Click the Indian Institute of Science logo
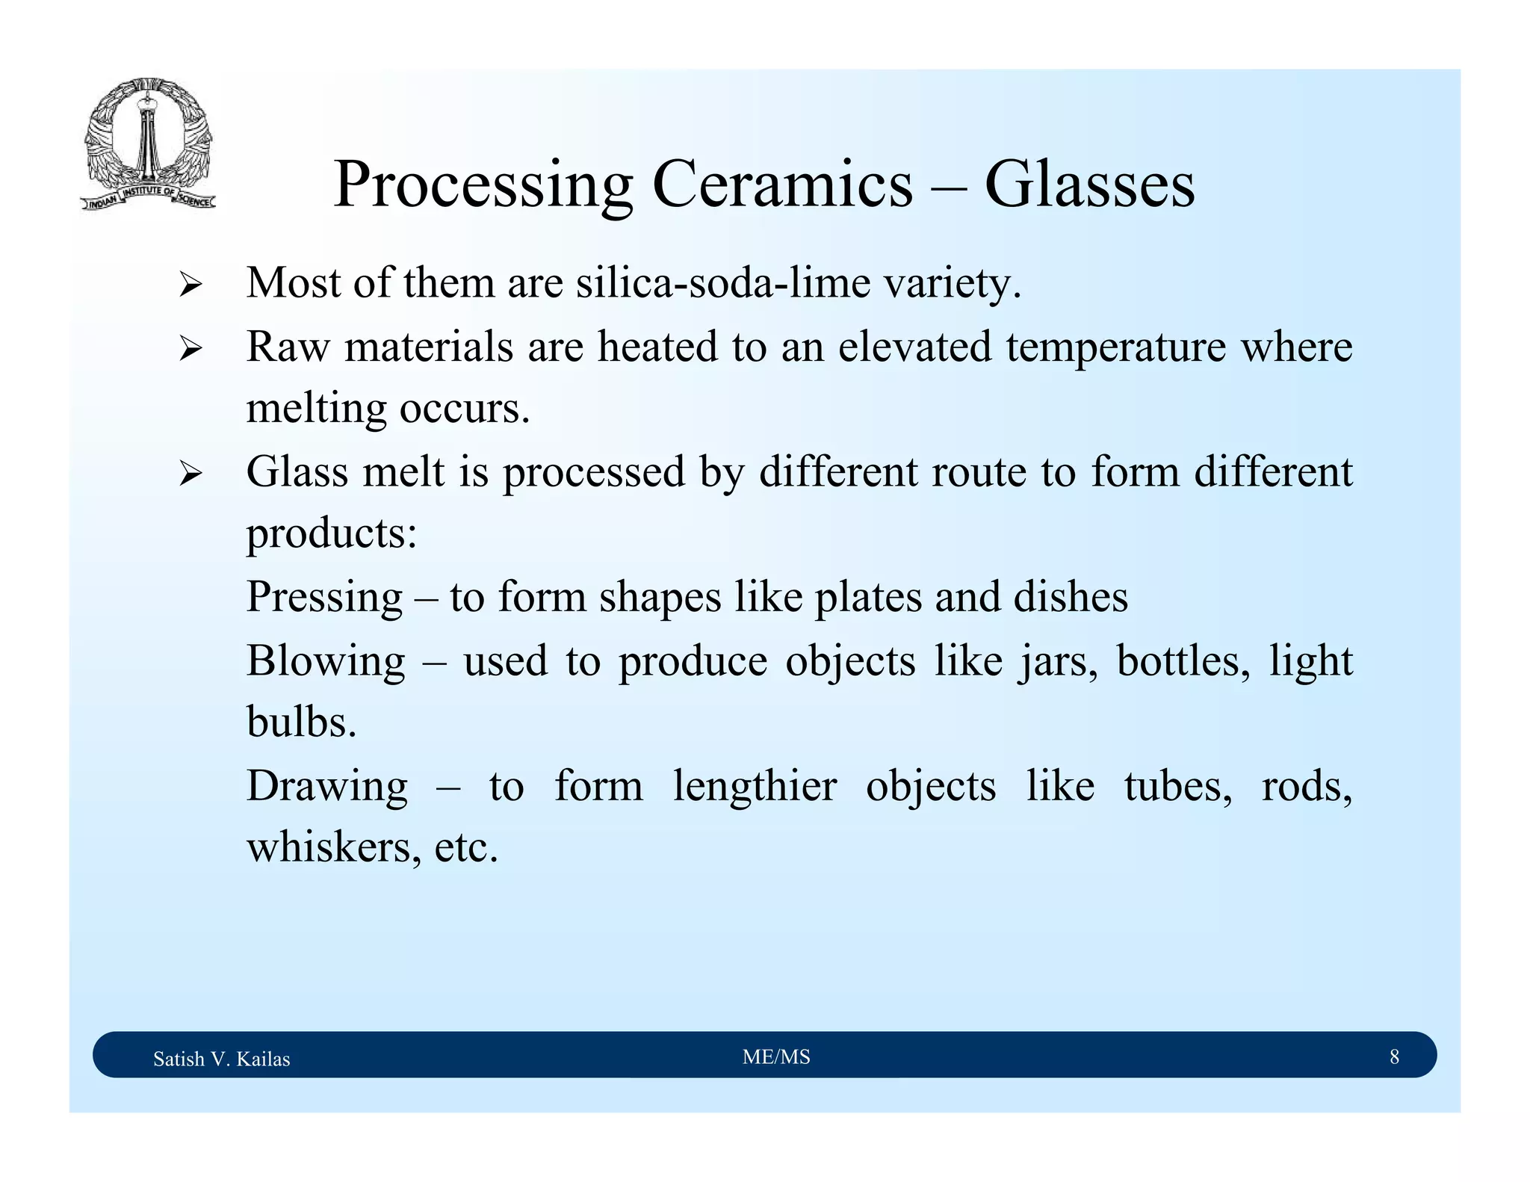pyautogui.click(x=148, y=143)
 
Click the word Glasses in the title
pyautogui.click(x=1089, y=185)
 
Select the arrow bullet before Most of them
pyautogui.click(x=191, y=285)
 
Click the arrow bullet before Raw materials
pyautogui.click(x=191, y=349)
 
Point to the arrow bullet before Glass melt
pyautogui.click(x=191, y=474)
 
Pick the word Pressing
pyautogui.click(x=324, y=598)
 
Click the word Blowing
pyautogui.click(x=326, y=661)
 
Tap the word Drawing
pyautogui.click(x=327, y=787)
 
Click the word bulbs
pyautogui.click(x=301, y=723)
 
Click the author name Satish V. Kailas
pyautogui.click(x=221, y=1059)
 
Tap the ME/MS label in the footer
pyautogui.click(x=776, y=1056)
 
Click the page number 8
pyautogui.click(x=1394, y=1056)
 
